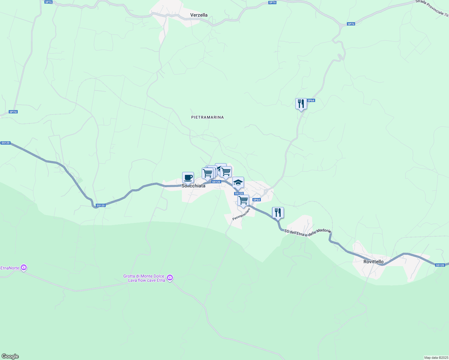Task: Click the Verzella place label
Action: point(199,15)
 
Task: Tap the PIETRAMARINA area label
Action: point(207,117)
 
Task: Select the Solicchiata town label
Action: point(194,186)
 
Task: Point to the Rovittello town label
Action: point(373,262)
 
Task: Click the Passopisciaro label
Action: point(241,214)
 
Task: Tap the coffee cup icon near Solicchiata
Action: point(188,177)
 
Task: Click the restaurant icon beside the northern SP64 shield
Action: point(301,104)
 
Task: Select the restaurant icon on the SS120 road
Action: point(278,213)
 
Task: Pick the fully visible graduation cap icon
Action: point(238,182)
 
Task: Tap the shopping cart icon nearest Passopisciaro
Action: point(243,200)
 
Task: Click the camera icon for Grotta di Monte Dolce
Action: point(170,277)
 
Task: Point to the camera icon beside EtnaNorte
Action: point(24,268)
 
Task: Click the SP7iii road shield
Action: point(13,112)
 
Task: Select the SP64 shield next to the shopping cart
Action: point(256,200)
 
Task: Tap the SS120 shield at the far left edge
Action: point(5,143)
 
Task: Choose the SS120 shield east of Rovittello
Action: point(440,265)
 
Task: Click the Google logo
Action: point(10,356)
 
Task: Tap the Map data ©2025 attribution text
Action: point(436,358)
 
